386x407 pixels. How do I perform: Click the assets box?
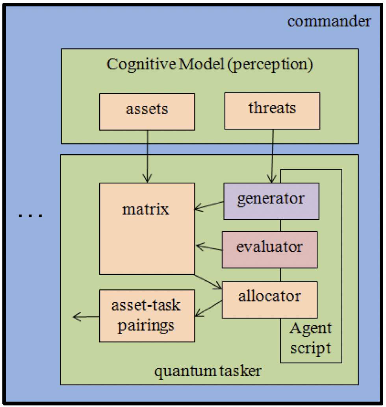[147, 111]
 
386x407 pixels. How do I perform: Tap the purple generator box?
[271, 201]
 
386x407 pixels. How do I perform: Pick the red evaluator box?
[269, 250]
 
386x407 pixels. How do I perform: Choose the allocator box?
[269, 300]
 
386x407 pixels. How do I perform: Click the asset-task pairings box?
[147, 316]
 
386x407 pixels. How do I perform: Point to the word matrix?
[146, 209]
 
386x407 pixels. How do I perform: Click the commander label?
[329, 21]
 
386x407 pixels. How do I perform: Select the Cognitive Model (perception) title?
[210, 65]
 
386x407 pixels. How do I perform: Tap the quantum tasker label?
[208, 371]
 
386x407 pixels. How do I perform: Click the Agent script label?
[311, 338]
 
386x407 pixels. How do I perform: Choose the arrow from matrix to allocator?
[208, 281]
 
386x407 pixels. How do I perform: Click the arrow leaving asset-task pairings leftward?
[86, 316]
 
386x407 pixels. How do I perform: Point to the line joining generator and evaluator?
[280, 226]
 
